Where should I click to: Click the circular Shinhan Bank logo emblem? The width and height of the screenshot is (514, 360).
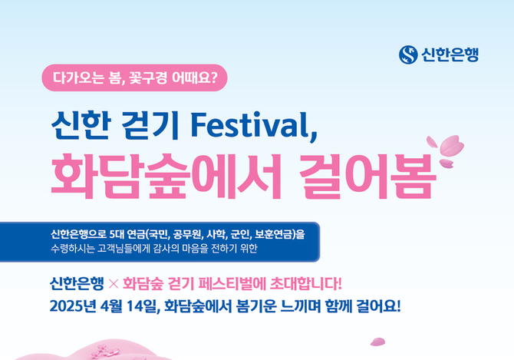tap(408, 54)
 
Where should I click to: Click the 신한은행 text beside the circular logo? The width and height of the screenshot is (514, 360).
tap(450, 54)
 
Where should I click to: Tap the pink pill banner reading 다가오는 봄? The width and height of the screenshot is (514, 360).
tap(134, 78)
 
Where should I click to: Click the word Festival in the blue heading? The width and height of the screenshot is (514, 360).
tap(254, 125)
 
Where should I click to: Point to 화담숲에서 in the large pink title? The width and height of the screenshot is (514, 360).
tap(166, 176)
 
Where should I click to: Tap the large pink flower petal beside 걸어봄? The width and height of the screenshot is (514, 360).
tap(452, 145)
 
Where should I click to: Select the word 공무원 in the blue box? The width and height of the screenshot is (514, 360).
tap(187, 234)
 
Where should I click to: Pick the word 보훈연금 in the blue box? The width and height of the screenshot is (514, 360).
tap(274, 234)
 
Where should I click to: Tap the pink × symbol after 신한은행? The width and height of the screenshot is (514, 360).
tap(113, 284)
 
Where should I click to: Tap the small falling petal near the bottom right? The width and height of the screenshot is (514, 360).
tap(377, 342)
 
